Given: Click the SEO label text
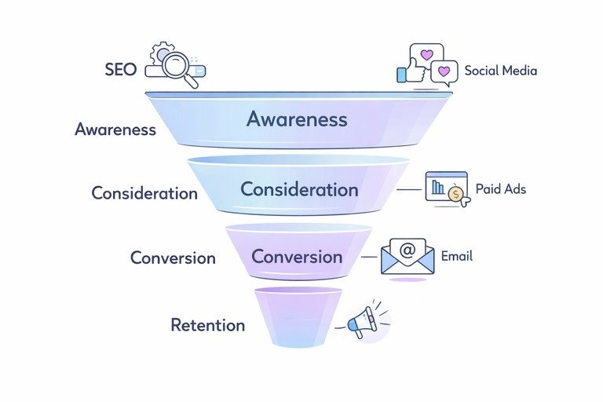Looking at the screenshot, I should pyautogui.click(x=120, y=69).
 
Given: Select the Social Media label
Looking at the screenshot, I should pyautogui.click(x=500, y=70).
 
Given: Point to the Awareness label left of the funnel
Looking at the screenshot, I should pyautogui.click(x=115, y=130).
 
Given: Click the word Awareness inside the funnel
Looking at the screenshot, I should pyautogui.click(x=296, y=119).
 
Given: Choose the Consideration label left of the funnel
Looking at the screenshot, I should pyautogui.click(x=144, y=192).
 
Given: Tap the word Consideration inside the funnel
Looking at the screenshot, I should pyautogui.click(x=299, y=189).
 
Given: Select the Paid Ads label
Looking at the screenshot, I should pyautogui.click(x=501, y=189).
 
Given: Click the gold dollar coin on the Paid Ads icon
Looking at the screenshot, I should pyautogui.click(x=455, y=198).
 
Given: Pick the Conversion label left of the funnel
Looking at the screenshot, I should pyautogui.click(x=173, y=258).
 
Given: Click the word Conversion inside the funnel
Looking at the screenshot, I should pyautogui.click(x=297, y=257).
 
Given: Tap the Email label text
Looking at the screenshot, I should pyautogui.click(x=456, y=256).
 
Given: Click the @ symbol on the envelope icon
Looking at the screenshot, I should pyautogui.click(x=407, y=251).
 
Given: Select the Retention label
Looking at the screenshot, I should pyautogui.click(x=207, y=325).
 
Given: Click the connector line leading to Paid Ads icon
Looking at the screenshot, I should pyautogui.click(x=409, y=189).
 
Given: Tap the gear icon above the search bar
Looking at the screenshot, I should pyautogui.click(x=163, y=53).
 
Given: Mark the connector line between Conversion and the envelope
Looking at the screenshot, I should pyautogui.click(x=369, y=257).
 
